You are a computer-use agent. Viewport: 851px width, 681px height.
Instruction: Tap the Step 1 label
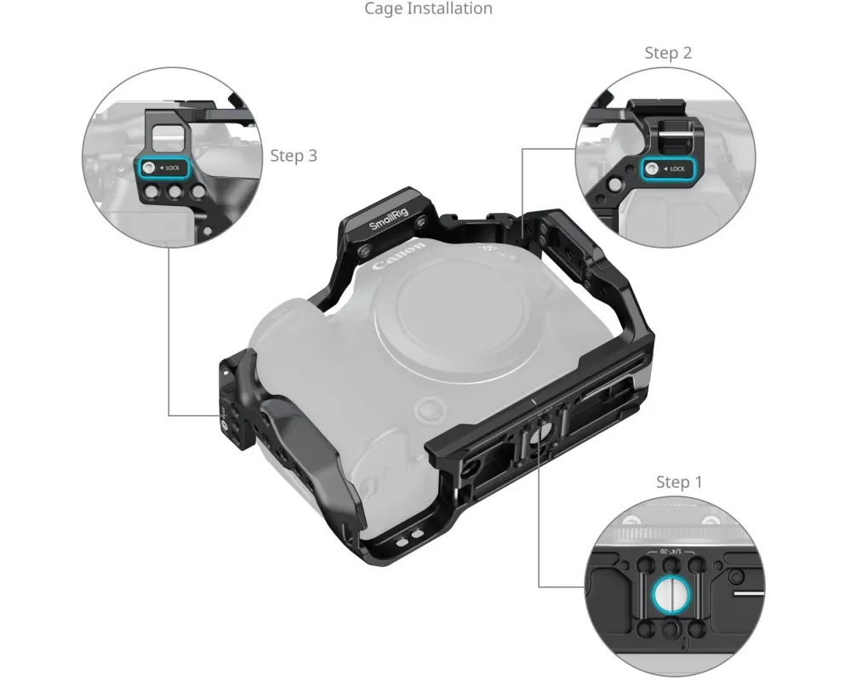(679, 482)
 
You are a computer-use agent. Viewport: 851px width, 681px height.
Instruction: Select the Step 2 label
(668, 53)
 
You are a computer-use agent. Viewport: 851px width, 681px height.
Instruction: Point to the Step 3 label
(294, 156)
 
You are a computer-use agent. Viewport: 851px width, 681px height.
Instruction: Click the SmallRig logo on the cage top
(388, 218)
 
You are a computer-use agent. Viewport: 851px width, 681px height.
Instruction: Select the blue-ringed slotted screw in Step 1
(671, 593)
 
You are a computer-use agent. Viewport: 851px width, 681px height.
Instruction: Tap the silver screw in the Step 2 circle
(652, 169)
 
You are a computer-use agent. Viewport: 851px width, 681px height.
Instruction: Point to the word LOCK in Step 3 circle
(173, 168)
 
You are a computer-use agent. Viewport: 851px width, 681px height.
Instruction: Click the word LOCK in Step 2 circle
(677, 169)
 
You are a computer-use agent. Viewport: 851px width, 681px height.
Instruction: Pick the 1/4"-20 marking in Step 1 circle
(671, 552)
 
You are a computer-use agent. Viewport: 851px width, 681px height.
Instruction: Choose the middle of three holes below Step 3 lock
(174, 192)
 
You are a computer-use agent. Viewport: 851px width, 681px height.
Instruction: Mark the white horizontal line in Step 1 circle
(749, 593)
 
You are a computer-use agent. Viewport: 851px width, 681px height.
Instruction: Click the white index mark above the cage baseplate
(534, 401)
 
